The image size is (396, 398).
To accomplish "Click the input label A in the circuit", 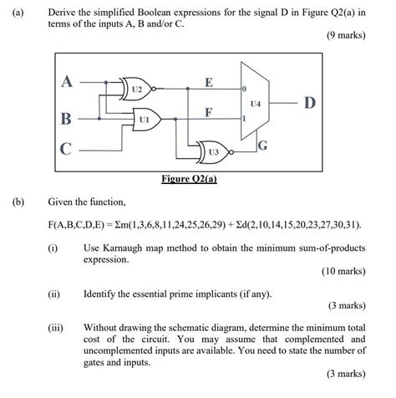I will coord(67,82).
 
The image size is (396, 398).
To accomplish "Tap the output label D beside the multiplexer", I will coord(309,103).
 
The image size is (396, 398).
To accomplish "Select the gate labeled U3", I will coord(213,151).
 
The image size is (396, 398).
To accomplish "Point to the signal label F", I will coord(208,111).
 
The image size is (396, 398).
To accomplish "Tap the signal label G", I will coord(261,147).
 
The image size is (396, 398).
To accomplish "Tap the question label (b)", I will coord(14,202).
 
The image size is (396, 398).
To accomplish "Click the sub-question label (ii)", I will coord(53,293).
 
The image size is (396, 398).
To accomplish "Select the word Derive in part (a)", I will coord(63,13).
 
